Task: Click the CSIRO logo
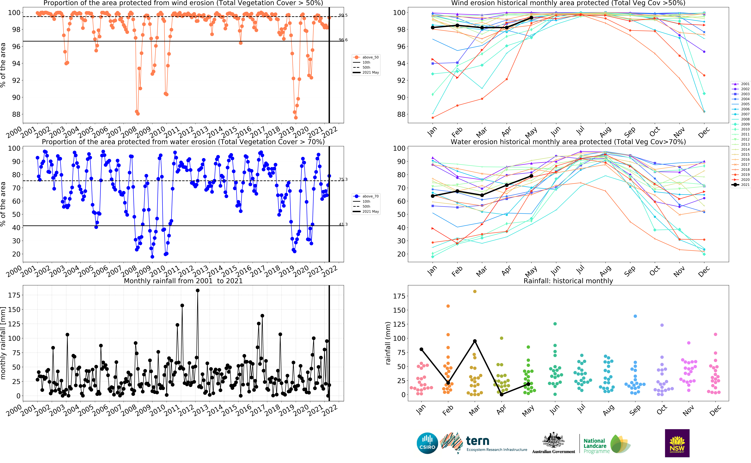tap(427, 443)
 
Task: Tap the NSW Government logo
tap(677, 443)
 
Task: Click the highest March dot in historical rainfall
tap(475, 292)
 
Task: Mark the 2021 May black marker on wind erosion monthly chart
tap(531, 18)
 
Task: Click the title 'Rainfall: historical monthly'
tap(568, 281)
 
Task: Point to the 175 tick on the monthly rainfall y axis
tap(14, 295)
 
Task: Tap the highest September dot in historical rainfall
tap(635, 316)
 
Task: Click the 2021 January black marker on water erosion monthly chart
tap(433, 196)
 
